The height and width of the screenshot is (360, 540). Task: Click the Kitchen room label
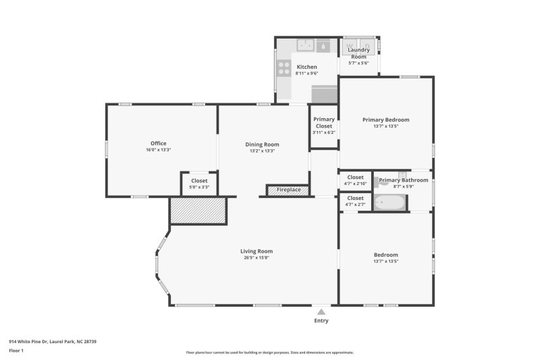pos(307,67)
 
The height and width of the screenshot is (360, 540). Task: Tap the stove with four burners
pos(283,68)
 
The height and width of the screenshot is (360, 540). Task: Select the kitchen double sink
pos(306,45)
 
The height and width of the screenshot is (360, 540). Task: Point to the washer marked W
pos(352,45)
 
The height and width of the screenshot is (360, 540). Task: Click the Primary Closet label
pos(324,122)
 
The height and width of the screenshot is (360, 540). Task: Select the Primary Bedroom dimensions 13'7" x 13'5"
pos(385,126)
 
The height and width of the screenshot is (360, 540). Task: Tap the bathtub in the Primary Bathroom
pos(390,203)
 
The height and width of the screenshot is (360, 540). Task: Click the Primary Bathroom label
pos(403,180)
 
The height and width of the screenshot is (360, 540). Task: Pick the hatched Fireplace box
pos(288,190)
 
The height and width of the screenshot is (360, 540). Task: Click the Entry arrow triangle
pos(321,312)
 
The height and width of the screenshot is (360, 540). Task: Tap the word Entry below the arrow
pos(321,321)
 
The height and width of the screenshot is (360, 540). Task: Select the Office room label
pos(159,143)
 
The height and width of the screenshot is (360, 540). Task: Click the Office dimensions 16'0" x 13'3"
pos(159,150)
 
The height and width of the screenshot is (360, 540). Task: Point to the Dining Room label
pos(262,145)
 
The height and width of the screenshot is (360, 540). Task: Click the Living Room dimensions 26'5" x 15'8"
pos(256,259)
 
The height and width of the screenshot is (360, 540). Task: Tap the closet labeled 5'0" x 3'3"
pos(199,183)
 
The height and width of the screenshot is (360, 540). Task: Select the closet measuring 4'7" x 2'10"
pos(355,180)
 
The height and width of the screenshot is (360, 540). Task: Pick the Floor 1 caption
pos(16,351)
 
